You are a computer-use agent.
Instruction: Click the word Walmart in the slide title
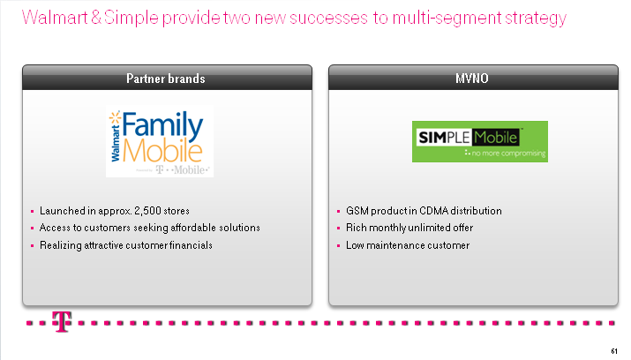point(55,18)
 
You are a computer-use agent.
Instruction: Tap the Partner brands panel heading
point(166,79)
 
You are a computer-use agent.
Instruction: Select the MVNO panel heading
point(472,79)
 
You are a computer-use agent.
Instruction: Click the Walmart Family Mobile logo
point(160,141)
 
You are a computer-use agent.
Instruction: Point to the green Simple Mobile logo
point(480,141)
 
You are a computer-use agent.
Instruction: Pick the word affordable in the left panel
point(193,228)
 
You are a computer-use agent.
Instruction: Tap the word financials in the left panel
point(191,245)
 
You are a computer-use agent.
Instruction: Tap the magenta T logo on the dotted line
point(62,321)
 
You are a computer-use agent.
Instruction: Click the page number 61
point(614,351)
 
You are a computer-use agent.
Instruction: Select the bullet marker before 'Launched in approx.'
point(32,211)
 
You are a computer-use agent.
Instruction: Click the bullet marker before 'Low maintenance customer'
point(338,246)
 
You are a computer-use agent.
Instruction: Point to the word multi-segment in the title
point(447,19)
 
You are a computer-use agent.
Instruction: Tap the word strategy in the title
point(536,19)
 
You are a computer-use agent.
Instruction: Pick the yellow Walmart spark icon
point(115,117)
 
